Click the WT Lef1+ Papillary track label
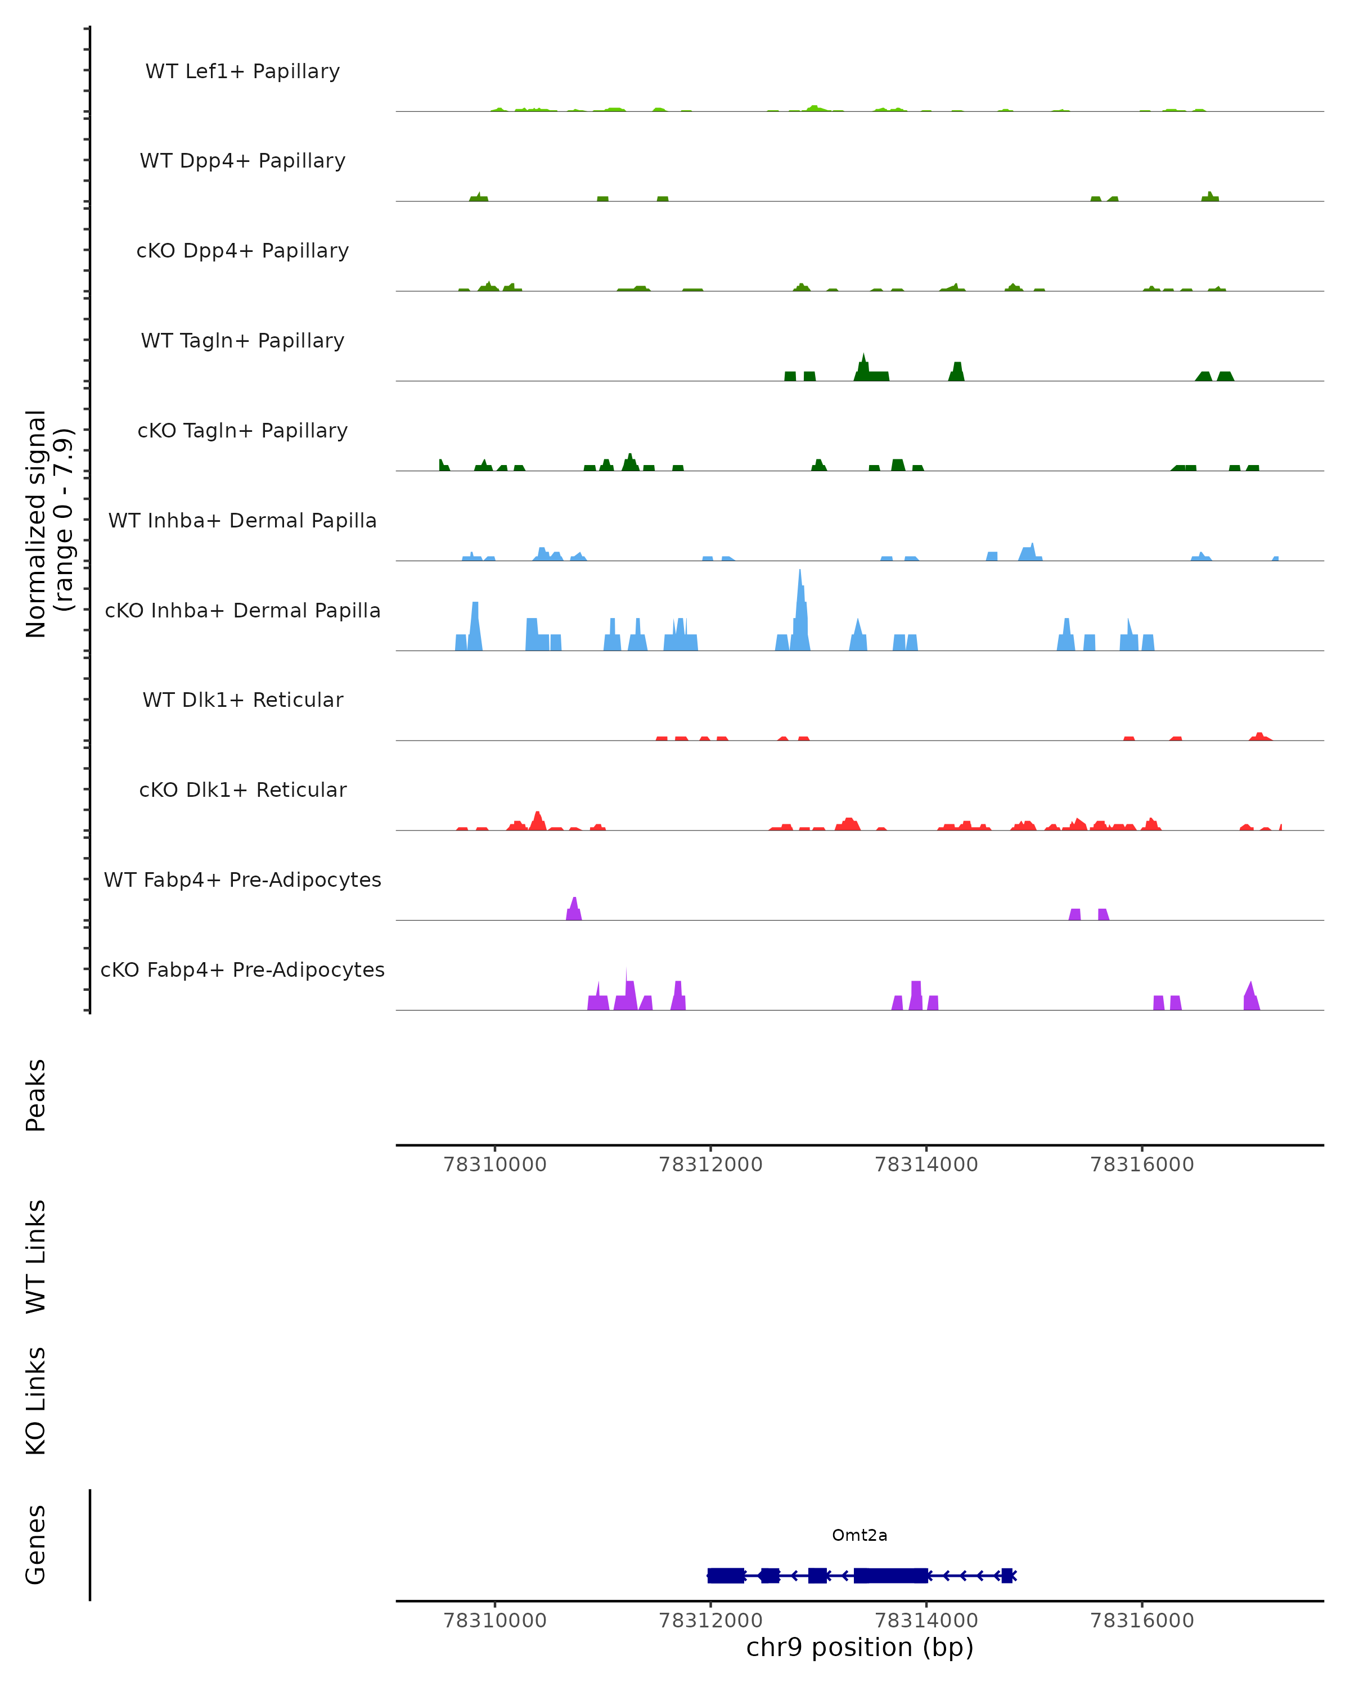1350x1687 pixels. [242, 71]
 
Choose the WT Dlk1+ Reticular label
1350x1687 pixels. [242, 700]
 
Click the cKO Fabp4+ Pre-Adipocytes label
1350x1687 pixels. [242, 969]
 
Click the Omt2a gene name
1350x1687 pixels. [859, 1535]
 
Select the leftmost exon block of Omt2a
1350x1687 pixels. [726, 1575]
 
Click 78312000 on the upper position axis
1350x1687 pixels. [710, 1165]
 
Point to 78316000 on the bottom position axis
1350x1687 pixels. [1142, 1621]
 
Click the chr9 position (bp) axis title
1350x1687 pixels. [859, 1648]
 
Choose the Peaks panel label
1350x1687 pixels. [36, 1095]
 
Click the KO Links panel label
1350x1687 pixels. [36, 1401]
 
